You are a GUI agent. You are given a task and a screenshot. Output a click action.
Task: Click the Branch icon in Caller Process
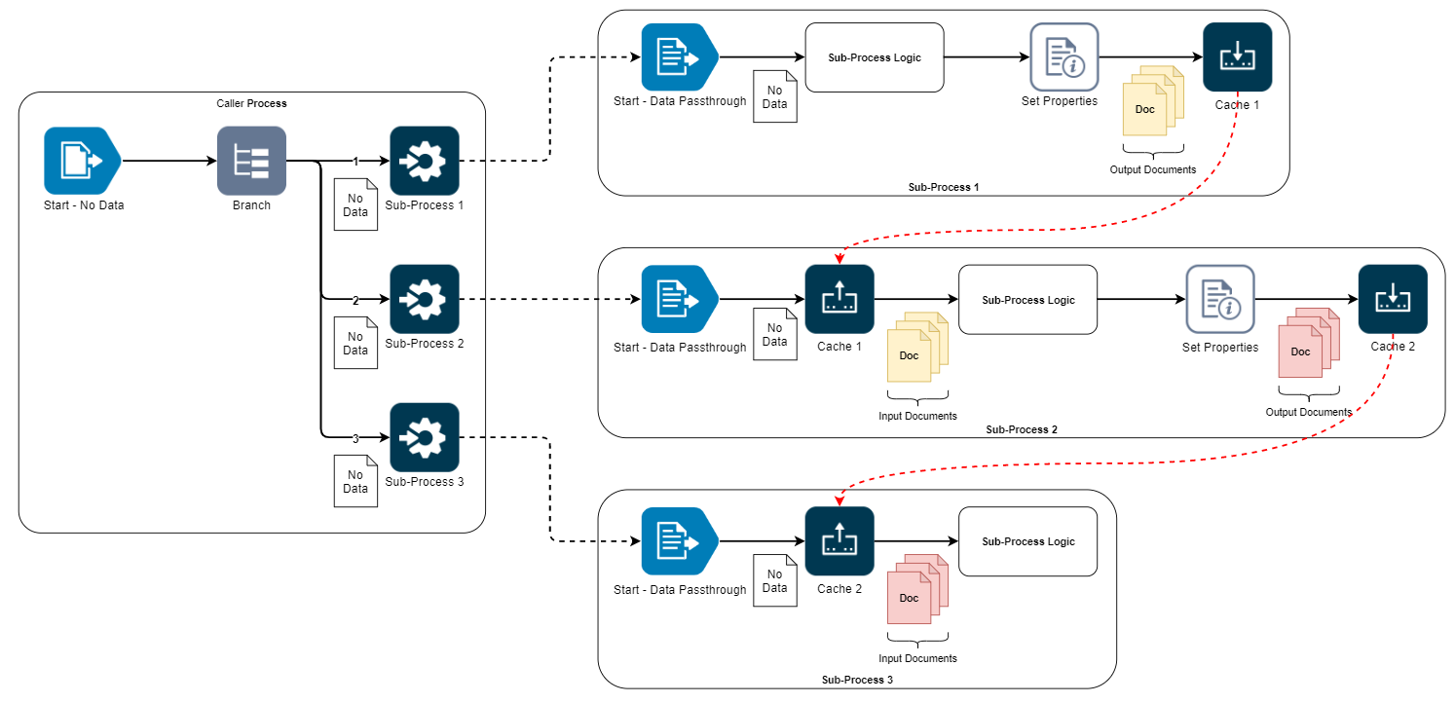251,161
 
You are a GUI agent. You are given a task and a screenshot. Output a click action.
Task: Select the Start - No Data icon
81,161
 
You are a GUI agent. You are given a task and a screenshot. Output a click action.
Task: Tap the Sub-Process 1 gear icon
424,161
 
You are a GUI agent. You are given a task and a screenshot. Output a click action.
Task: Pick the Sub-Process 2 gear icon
424,299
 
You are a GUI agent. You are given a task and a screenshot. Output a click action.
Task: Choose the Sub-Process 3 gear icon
424,437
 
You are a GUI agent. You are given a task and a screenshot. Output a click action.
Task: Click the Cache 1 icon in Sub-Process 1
1237,57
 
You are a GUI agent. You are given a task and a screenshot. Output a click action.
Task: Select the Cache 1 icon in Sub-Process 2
839,299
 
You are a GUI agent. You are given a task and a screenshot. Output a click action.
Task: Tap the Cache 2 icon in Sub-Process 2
1393,299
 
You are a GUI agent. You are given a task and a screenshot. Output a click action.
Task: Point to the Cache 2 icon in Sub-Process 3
839,541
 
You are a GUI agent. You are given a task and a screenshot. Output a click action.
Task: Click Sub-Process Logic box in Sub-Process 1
875,57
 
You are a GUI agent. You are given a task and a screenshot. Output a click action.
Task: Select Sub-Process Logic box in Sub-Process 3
1028,541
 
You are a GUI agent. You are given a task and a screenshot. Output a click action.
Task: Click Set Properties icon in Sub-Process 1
1063,57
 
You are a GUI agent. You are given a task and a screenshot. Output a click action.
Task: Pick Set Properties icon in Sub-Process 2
1219,299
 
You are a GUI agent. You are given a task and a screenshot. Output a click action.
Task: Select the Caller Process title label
251,103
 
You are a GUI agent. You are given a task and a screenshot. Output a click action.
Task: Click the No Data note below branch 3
354,481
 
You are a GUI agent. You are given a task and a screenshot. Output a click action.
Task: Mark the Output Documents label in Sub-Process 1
1153,170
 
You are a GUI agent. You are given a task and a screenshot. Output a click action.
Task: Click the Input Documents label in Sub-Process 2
917,416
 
